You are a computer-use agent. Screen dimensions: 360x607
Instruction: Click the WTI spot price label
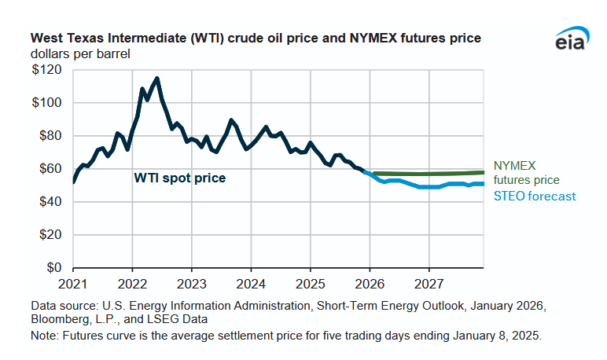pyautogui.click(x=179, y=178)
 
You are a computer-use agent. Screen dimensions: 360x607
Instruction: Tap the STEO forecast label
pyautogui.click(x=535, y=196)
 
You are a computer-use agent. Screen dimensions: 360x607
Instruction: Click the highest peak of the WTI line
pyautogui.click(x=157, y=78)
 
